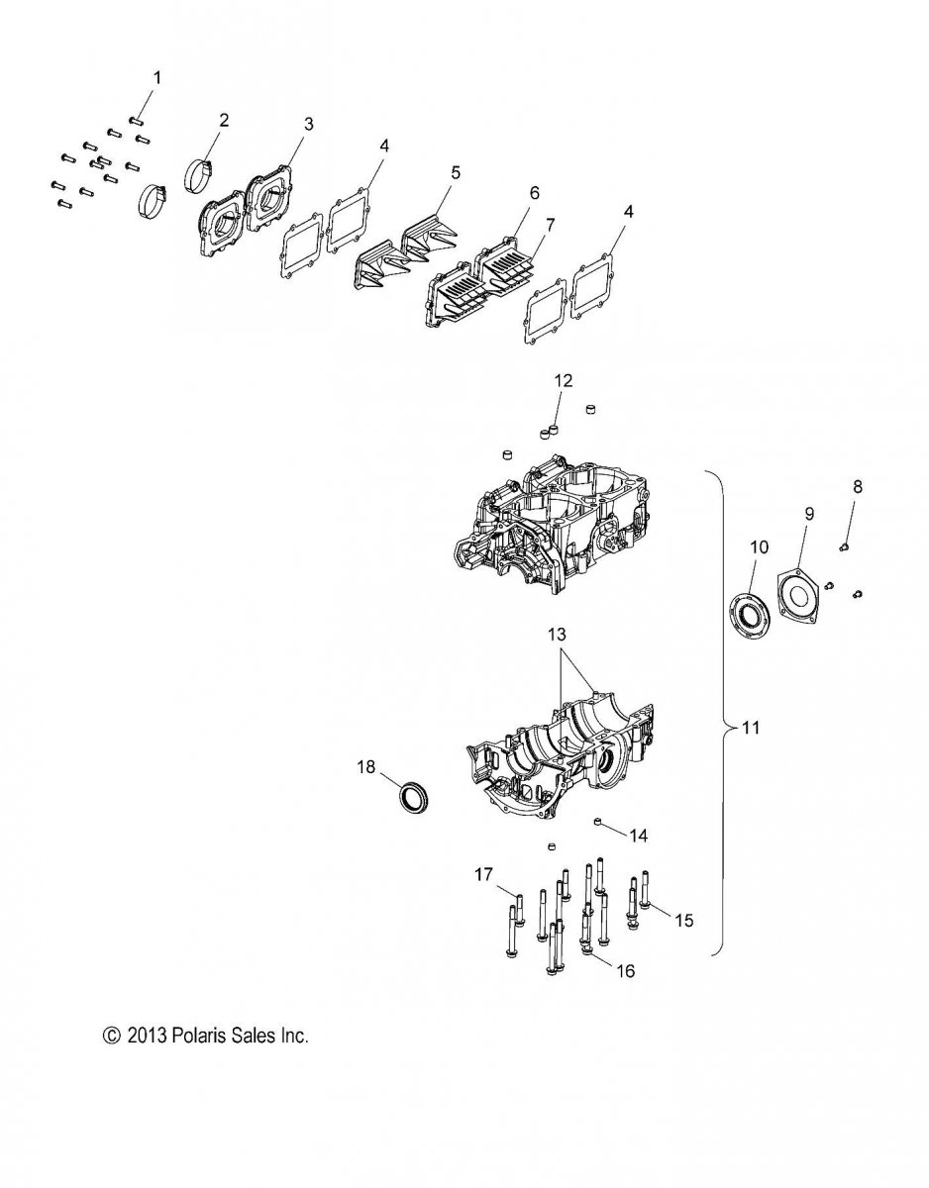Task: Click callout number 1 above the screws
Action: click(156, 77)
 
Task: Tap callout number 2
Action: click(224, 120)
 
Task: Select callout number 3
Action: click(308, 124)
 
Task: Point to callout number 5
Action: click(455, 172)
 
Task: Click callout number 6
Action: click(534, 192)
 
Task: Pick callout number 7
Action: click(550, 224)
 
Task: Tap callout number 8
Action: click(857, 486)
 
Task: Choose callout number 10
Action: click(760, 546)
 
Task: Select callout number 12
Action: click(564, 380)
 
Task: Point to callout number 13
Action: click(558, 635)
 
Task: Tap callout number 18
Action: click(365, 767)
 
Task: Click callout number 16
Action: click(626, 971)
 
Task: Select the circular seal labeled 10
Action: click(751, 614)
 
